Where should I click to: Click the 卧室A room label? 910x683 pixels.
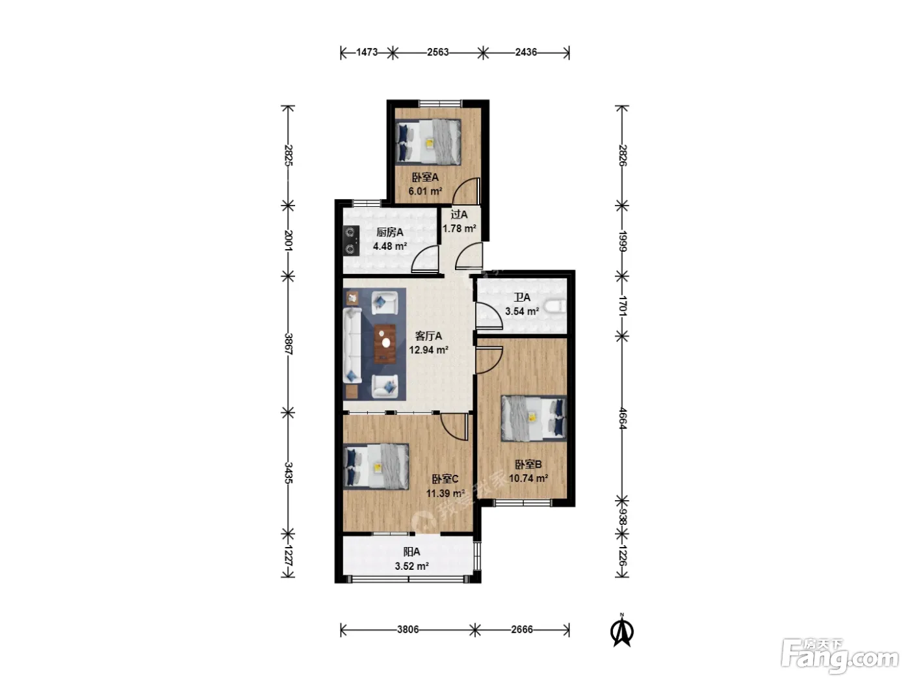(424, 178)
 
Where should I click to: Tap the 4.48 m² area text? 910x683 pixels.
(389, 247)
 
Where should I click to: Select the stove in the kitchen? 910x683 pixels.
(352, 241)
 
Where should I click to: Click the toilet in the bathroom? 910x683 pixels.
(556, 306)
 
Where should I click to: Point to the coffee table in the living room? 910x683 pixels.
(385, 344)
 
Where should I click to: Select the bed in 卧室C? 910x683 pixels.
(376, 466)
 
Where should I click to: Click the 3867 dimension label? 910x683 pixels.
(289, 343)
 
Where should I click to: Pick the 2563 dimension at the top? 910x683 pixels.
(438, 52)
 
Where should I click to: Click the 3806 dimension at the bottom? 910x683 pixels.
(408, 630)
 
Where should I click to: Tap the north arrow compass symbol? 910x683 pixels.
(622, 631)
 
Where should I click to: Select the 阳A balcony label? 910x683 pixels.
(411, 552)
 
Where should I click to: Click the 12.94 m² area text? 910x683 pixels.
(428, 350)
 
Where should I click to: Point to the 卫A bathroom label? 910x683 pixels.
(521, 297)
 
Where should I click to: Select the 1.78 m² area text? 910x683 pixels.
(459, 228)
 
